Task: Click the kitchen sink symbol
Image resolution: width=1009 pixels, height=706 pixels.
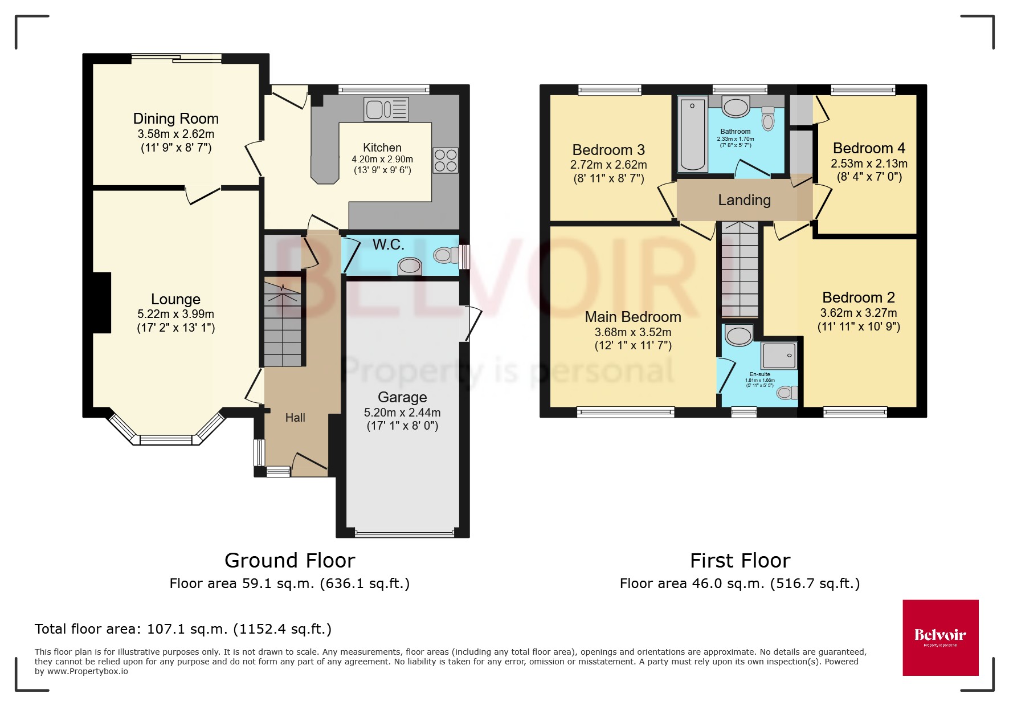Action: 386,109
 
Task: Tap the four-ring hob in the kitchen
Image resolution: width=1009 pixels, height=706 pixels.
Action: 445,160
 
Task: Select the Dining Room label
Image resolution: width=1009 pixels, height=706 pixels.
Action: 175,119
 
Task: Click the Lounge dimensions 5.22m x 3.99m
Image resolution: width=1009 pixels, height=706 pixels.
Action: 175,314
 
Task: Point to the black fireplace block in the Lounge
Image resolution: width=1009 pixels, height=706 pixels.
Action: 102,302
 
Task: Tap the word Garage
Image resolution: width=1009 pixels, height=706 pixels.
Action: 402,397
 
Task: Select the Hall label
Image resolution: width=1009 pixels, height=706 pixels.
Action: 295,418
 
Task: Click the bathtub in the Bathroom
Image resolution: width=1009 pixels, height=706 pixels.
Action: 692,134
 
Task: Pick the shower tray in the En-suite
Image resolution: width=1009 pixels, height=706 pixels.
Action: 779,356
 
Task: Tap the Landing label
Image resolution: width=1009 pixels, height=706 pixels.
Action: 744,200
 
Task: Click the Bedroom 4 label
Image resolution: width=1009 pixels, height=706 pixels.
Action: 869,148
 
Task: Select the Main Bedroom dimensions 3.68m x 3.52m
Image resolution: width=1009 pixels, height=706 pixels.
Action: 633,332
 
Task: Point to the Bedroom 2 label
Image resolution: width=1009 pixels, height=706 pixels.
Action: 859,297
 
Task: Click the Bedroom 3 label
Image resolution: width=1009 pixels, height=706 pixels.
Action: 608,150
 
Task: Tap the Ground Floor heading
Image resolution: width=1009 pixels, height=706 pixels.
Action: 289,561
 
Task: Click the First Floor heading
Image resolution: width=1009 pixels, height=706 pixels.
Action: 740,561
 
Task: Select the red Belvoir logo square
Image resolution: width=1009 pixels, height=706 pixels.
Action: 940,637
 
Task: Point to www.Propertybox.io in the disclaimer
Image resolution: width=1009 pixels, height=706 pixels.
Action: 87,671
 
